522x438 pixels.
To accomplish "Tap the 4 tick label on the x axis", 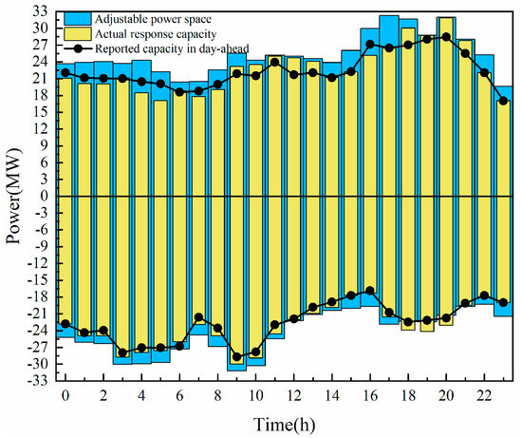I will point(141,393).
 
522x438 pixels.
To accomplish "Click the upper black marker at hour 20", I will point(446,37).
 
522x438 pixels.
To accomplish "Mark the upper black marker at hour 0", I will point(65,72).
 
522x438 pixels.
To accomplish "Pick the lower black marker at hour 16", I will point(370,291).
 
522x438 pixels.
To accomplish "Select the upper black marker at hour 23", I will point(503,101).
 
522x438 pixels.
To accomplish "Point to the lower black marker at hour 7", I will point(198,317).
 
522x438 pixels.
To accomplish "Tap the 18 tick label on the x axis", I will point(408,393).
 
